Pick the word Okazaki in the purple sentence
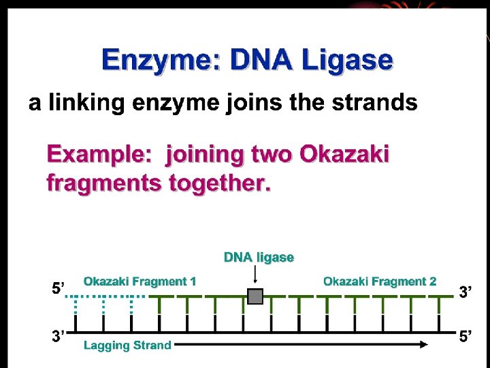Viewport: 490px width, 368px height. (344, 155)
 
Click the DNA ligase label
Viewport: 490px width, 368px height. (259, 258)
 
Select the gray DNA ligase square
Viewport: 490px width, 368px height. (255, 297)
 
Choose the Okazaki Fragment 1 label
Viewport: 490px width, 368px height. (140, 281)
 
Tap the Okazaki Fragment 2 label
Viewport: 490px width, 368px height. (380, 281)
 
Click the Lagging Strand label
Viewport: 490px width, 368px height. (127, 346)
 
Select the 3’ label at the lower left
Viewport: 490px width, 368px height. (59, 337)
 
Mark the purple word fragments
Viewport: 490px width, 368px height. (102, 183)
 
